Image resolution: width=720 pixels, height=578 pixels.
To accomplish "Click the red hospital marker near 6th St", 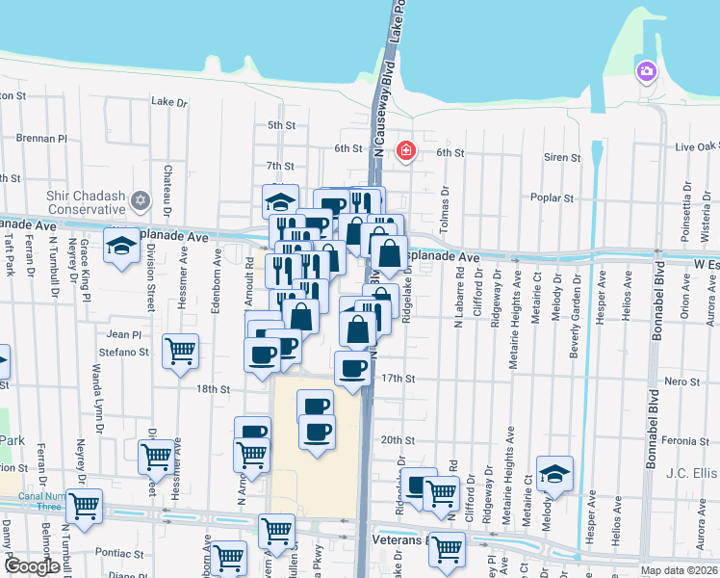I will pos(406,150).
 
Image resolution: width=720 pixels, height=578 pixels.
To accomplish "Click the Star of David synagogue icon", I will pos(141,200).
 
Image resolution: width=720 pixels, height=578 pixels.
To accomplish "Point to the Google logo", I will pos(32,566).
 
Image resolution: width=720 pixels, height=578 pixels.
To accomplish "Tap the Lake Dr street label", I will pos(169,101).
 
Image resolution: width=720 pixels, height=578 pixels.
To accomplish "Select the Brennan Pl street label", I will pos(41,138).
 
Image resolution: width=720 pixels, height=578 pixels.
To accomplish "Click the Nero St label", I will pos(681,381).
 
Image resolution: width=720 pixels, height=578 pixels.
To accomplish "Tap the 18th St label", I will pos(213,389).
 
